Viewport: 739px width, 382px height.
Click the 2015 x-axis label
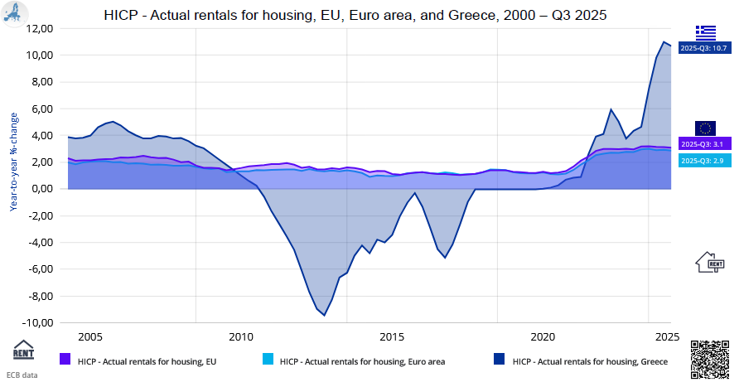pyautogui.click(x=392, y=337)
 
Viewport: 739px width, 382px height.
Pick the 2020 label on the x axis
pyautogui.click(x=543, y=337)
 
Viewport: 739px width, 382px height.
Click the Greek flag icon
pyautogui.click(x=705, y=32)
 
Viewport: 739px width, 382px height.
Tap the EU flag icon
pyautogui.click(x=705, y=128)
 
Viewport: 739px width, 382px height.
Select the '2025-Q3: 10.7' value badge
pyautogui.click(x=704, y=49)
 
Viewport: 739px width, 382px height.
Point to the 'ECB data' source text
pyautogui.click(x=22, y=375)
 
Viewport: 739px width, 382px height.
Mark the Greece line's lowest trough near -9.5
pyautogui.click(x=324, y=315)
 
